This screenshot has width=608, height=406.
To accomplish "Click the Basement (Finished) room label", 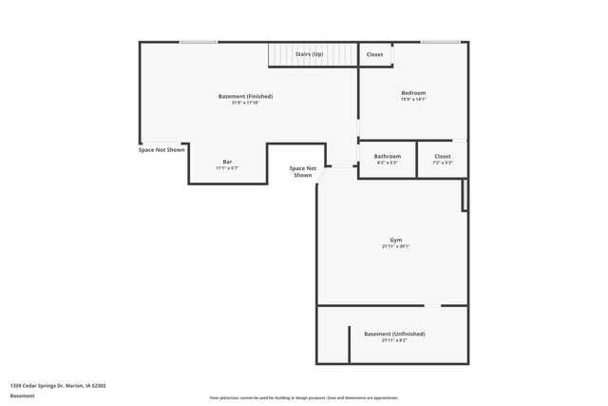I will pos(245,97).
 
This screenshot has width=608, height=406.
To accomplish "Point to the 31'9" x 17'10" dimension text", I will pos(245,103).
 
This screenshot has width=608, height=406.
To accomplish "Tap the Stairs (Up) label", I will pos(309,54).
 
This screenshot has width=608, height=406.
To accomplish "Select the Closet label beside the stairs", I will pos(375,54).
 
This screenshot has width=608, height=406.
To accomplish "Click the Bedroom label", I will pos(413,92).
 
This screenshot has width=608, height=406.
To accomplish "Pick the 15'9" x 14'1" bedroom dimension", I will pos(413,99).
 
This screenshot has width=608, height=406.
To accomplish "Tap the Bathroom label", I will pos(387,156).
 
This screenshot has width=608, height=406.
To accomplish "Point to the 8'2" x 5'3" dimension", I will pos(387,163).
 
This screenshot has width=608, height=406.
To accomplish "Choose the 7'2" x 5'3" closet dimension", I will pos(443,163).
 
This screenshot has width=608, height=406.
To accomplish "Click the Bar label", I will pos(227,162).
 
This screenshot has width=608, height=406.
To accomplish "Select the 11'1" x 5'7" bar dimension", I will pos(227,168).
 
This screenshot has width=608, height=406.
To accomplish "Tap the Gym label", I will pos(396,240).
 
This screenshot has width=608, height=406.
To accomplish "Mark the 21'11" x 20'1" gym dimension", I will pos(396,246).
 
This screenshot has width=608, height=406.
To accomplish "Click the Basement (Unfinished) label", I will pos(394,334).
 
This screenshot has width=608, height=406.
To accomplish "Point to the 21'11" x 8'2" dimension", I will pos(394,340).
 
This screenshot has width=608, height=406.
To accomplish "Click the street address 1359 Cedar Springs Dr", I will pos(58,385).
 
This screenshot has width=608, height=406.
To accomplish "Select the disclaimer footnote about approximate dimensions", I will pos(304,397).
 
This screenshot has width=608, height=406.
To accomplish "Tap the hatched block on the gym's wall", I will pos(465,194).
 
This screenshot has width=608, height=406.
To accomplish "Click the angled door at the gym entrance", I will pos(324,169).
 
